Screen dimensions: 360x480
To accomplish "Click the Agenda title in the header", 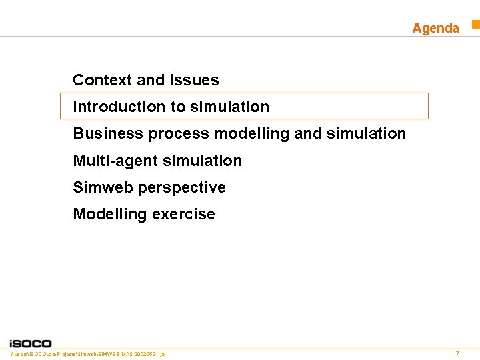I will pyautogui.click(x=435, y=28).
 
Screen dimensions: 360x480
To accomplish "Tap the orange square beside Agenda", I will pyautogui.click(x=476, y=25).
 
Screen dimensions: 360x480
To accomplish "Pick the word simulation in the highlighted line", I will pyautogui.click(x=229, y=107).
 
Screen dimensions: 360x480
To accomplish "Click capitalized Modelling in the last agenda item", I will pyautogui.click(x=110, y=214).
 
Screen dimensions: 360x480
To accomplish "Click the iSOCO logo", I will pyautogui.click(x=30, y=343).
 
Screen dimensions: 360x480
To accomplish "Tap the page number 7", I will pyautogui.click(x=457, y=353).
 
